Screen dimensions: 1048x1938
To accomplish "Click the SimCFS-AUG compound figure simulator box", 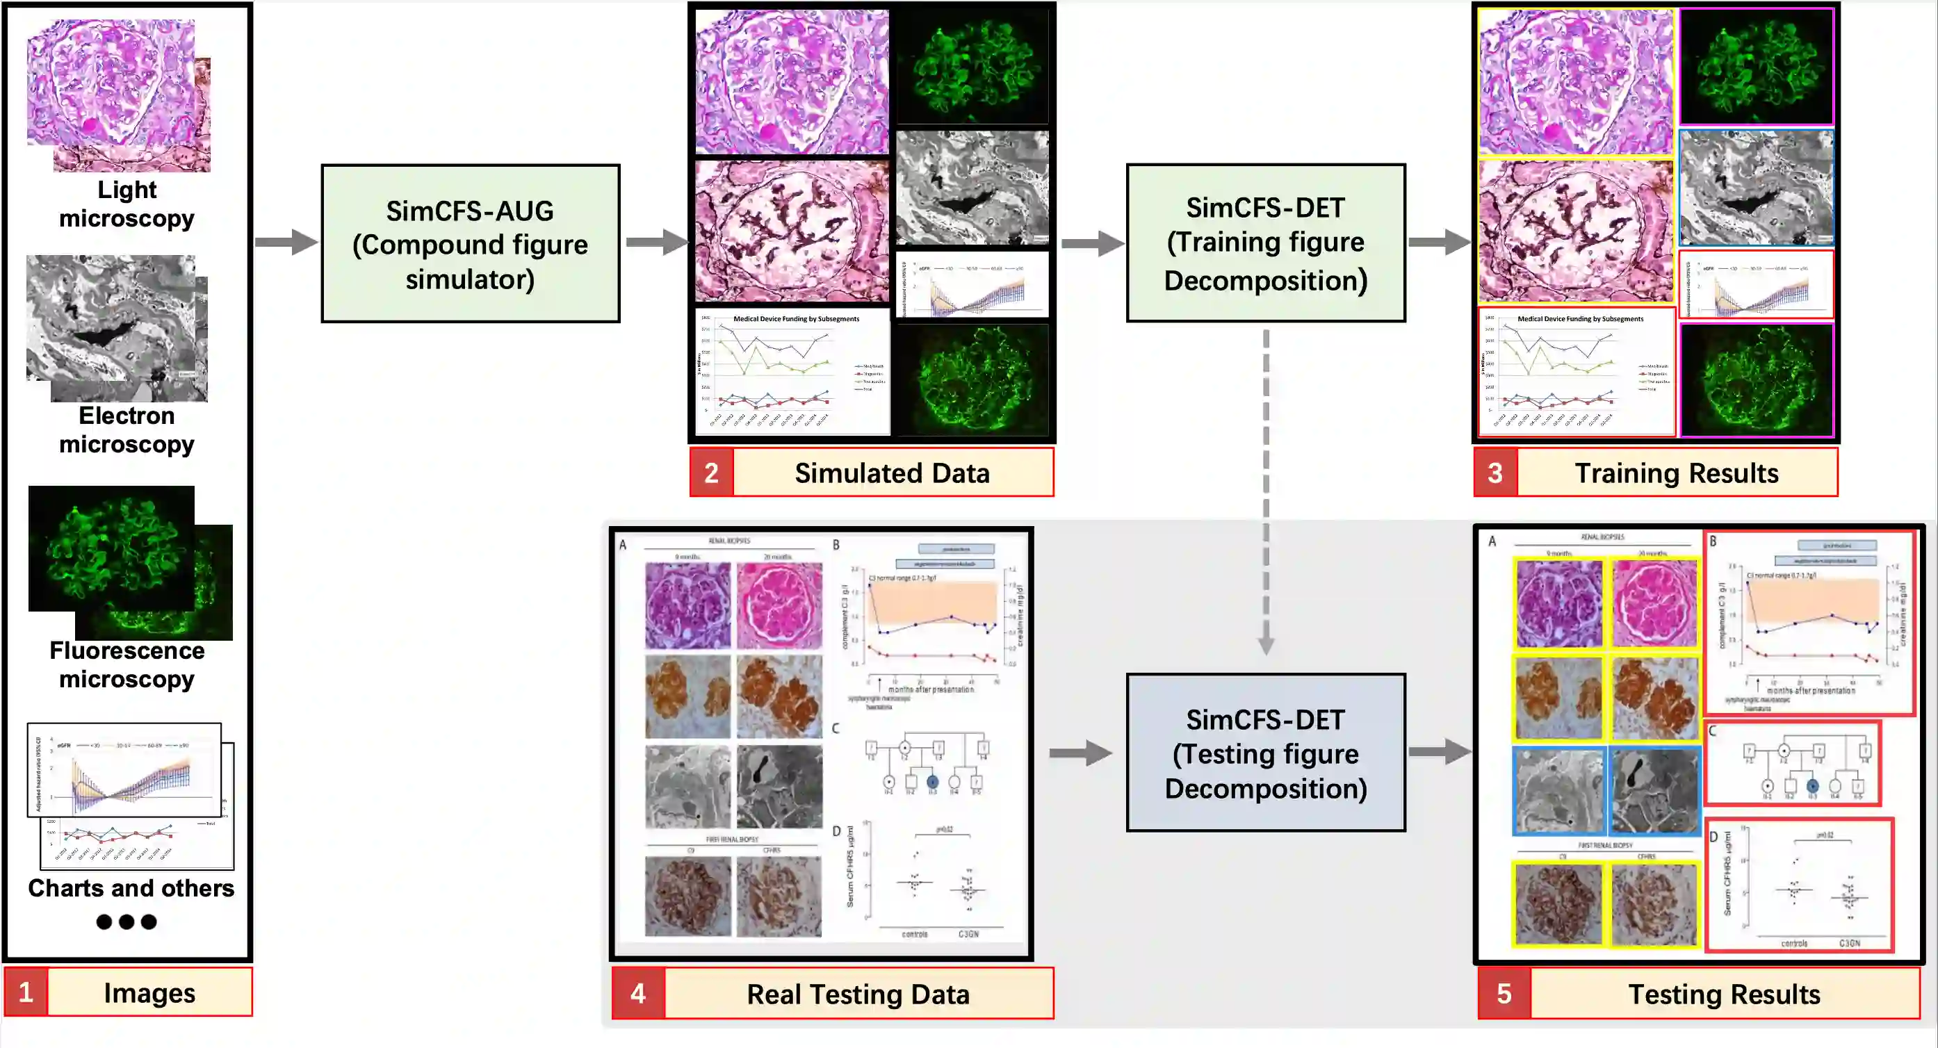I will coord(470,244).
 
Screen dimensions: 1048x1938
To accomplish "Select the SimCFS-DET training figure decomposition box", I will coord(1265,243).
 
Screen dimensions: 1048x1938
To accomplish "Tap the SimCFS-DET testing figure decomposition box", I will coord(1265,753).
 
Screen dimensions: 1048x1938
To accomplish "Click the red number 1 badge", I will coord(26,992).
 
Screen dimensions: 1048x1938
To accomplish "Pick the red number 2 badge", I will coord(711,473).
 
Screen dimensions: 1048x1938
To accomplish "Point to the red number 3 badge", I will coord(1495,473).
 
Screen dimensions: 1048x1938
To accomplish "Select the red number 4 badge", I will coord(638,994).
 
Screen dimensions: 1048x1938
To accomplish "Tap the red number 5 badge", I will coord(1504,994).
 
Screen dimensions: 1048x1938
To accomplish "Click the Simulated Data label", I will coord(893,473).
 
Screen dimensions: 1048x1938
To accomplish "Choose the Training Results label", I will coord(1676,473).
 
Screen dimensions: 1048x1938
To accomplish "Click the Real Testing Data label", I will coord(858,994).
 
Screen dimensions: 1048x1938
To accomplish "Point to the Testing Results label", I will coord(1724,994).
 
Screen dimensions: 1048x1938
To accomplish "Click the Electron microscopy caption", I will coord(127,429).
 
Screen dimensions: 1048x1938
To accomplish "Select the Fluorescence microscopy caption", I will coord(127,664).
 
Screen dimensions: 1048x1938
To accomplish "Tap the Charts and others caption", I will coord(131,887).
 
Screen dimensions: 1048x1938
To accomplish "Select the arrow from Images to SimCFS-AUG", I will coord(286,243).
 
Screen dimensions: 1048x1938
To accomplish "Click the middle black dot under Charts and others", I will coord(127,922).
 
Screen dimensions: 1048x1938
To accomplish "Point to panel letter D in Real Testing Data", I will coord(836,831).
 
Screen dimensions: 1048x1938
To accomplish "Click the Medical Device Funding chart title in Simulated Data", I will coord(796,319).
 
